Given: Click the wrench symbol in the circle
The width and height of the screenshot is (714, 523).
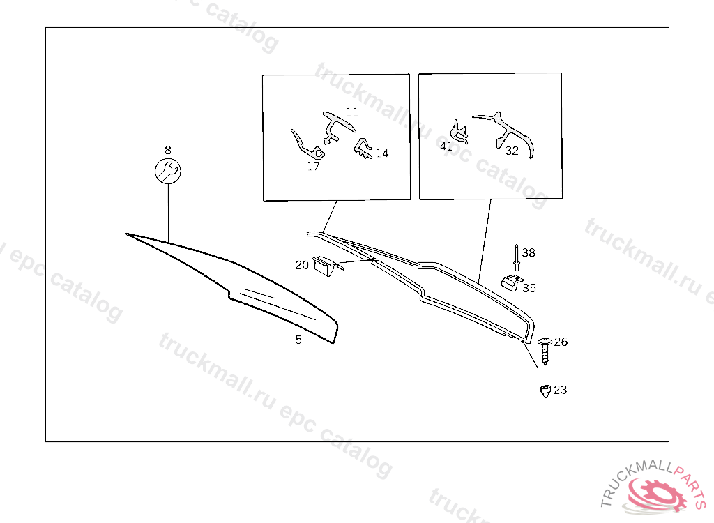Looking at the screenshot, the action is click(x=167, y=172).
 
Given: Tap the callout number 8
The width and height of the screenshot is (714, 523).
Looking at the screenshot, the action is click(x=168, y=150).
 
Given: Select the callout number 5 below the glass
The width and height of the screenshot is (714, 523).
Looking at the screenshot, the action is click(x=298, y=340).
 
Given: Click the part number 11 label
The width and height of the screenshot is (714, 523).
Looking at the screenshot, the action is click(x=352, y=112).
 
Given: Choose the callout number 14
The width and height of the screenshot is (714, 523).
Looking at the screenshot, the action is click(x=382, y=153).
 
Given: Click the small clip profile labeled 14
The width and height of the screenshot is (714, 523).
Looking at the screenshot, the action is click(x=363, y=149).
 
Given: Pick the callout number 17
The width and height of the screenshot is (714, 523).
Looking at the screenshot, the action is click(x=313, y=166).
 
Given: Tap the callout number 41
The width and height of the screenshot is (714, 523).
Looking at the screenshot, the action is click(x=446, y=146).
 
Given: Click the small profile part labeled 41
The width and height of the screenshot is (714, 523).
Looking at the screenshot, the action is click(x=459, y=131).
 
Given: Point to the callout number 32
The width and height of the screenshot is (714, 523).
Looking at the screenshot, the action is click(x=512, y=151).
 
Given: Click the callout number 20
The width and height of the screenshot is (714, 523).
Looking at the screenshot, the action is click(x=302, y=265).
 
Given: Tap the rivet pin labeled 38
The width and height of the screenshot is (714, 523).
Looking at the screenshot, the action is click(x=517, y=258).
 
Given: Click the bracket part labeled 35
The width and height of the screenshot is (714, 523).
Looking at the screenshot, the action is click(x=511, y=282).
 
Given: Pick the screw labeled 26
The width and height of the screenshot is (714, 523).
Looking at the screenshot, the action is click(x=545, y=351).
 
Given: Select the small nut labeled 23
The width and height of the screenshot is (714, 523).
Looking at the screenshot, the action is click(x=545, y=391).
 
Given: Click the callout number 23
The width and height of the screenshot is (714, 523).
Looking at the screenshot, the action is click(x=560, y=390).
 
